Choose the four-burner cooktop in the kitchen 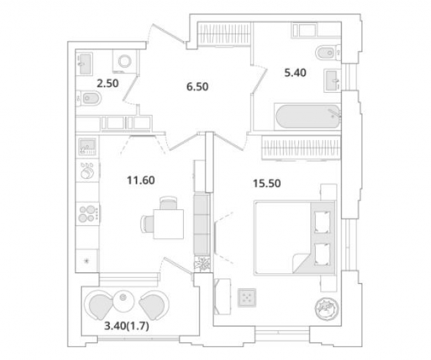click(x=88, y=214)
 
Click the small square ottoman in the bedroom click(x=247, y=297)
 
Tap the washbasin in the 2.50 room click(x=86, y=63)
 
